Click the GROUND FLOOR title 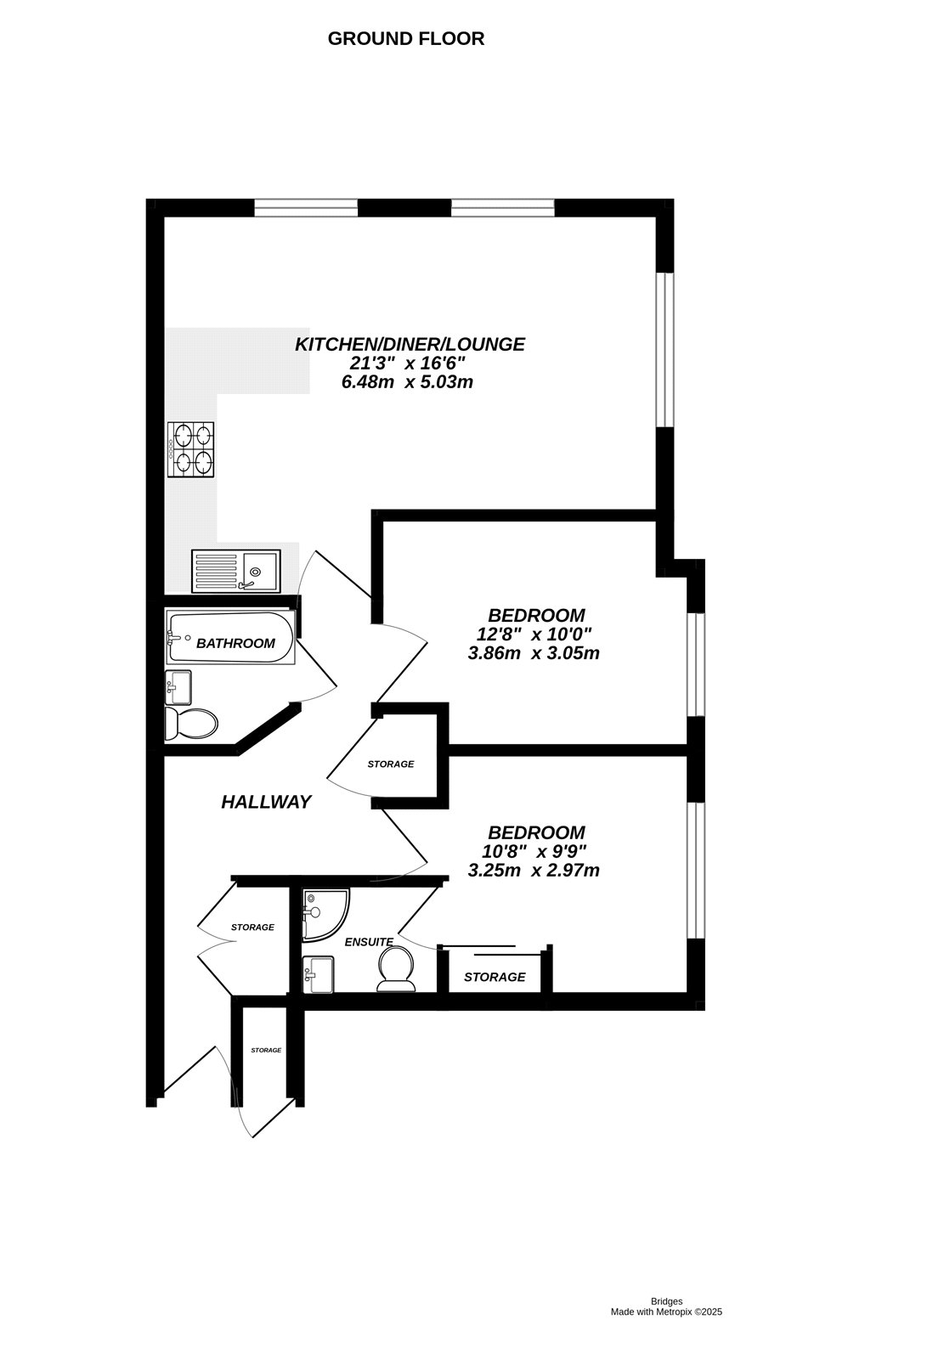click(x=405, y=38)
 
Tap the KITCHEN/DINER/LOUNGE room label click(x=410, y=344)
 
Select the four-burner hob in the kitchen click(x=192, y=449)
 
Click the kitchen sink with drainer click(x=235, y=570)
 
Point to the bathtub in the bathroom click(x=231, y=638)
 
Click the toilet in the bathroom click(x=192, y=724)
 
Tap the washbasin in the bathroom click(x=178, y=686)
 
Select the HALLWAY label click(x=266, y=802)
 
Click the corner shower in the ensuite click(x=324, y=914)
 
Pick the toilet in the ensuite click(x=396, y=970)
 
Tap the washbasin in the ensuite click(x=319, y=974)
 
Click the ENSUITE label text click(x=369, y=942)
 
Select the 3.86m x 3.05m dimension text click(x=534, y=653)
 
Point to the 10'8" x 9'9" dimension click(x=534, y=851)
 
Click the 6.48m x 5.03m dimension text click(x=406, y=382)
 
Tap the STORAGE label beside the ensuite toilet click(x=495, y=977)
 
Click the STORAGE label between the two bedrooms click(x=390, y=764)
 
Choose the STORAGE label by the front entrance click(x=266, y=1051)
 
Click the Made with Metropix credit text click(x=666, y=1312)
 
